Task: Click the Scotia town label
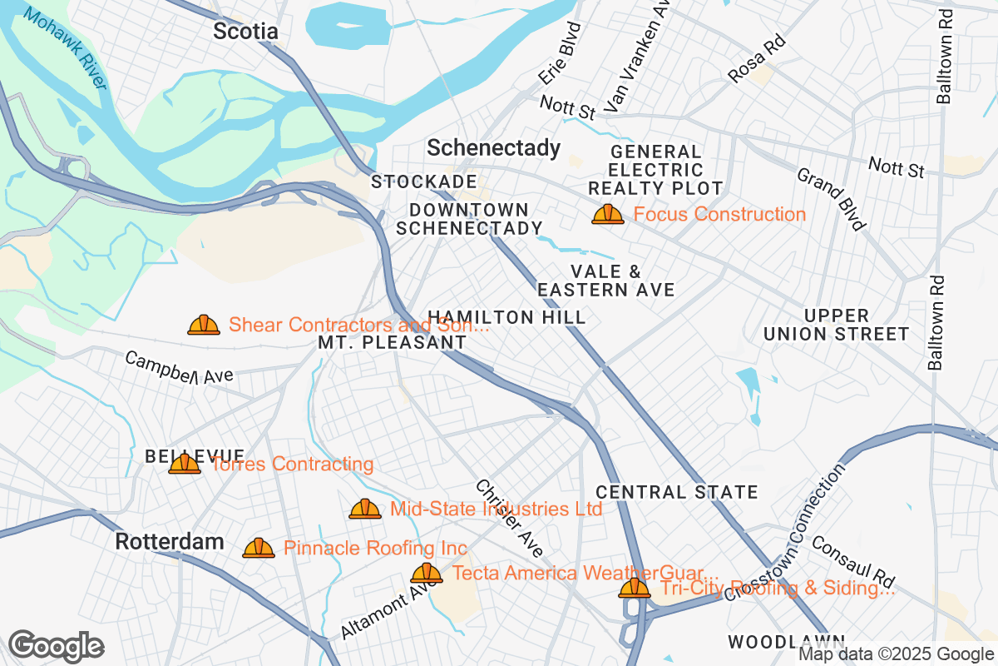(245, 32)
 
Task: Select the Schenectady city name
(493, 148)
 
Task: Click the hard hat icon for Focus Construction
(608, 214)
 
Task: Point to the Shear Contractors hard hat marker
(204, 325)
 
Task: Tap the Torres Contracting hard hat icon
(185, 464)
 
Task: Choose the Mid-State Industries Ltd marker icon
(365, 508)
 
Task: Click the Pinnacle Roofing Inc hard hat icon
(259, 548)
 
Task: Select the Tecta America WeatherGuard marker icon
(427, 573)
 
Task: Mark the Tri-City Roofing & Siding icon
(635, 589)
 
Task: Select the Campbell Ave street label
(180, 368)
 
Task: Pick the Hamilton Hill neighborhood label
(506, 317)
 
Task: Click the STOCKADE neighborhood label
(424, 181)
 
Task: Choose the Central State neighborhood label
(677, 492)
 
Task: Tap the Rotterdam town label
(170, 542)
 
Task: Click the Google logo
(57, 645)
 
